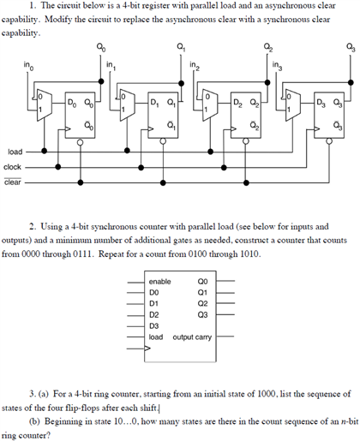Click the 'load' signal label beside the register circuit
point(15,152)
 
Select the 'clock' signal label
point(14,167)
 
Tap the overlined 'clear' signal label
point(14,182)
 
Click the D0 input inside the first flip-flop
point(72,104)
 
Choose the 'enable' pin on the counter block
point(160,281)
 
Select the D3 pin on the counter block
point(154,325)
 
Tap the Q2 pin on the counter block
point(202,303)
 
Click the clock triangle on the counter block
point(152,348)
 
